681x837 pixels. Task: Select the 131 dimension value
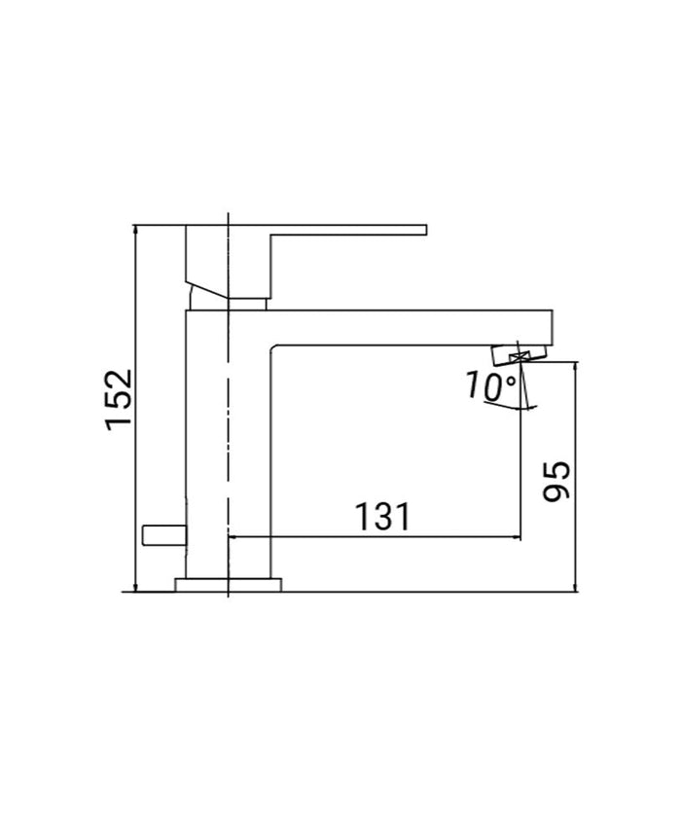380,517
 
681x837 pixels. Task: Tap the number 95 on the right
556,481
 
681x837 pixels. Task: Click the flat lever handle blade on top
350,231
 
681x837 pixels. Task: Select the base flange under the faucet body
228,584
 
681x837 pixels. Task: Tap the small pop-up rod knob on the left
162,534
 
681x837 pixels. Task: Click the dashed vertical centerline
228,438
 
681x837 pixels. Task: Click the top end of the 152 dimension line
137,226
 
